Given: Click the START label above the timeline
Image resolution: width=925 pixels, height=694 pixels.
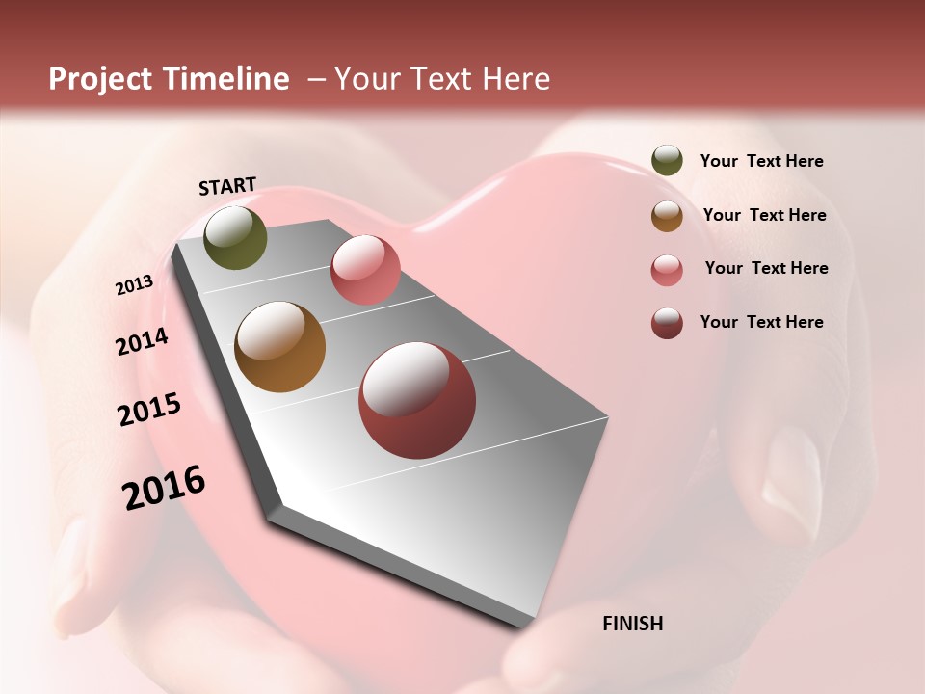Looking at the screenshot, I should pos(227,186).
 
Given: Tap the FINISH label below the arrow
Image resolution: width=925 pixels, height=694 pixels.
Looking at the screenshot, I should pos(632,624).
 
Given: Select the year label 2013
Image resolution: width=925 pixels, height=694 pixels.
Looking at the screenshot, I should pos(134,285).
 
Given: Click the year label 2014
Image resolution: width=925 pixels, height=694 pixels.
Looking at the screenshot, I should pos(142,341).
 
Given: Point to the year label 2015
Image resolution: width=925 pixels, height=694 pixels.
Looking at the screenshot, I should pos(149,410).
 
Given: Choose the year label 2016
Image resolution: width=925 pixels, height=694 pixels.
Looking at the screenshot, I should pos(164,487).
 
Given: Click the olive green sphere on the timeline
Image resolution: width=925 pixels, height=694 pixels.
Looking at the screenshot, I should pos(235,237).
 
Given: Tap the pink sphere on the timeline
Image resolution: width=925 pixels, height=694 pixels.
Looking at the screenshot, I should pos(365,269).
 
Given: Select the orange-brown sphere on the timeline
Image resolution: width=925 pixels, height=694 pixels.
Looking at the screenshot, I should pos(280,347).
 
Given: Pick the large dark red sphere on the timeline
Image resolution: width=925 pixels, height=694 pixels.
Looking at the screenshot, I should pos(417,400).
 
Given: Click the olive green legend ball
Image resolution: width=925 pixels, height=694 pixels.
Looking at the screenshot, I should pos(667,160).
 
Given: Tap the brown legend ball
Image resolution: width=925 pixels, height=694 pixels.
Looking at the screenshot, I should pos(667,215).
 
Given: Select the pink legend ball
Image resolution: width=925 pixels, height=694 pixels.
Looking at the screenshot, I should pos(667,269).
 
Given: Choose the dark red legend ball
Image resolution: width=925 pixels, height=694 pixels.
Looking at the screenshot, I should pos(667,323).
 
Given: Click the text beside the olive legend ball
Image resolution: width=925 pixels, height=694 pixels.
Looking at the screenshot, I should pos(761,161).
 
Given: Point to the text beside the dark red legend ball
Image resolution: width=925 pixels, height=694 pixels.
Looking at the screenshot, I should pos(761,322).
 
